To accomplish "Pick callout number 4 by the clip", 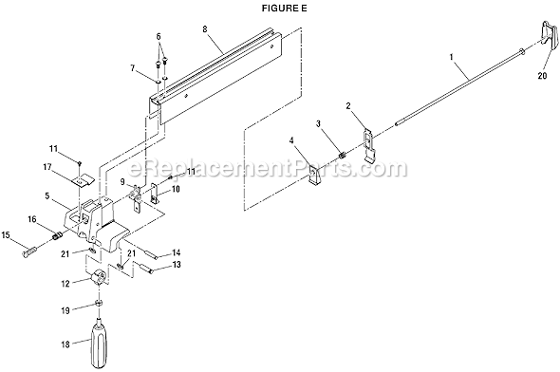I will (292, 145).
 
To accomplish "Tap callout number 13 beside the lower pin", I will (176, 267).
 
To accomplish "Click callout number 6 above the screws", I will (159, 36).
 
